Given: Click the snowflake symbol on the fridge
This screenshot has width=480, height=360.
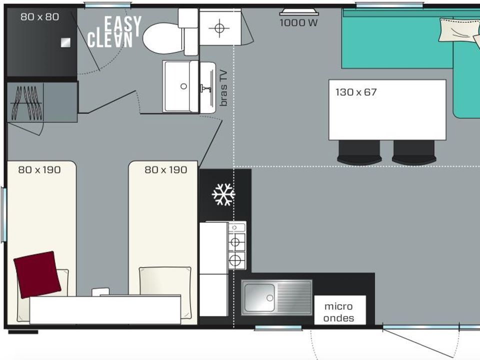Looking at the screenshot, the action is coord(223,194).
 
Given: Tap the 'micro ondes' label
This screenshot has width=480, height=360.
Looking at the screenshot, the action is coord(338,312).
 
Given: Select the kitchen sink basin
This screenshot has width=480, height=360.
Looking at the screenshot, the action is coord(259,297).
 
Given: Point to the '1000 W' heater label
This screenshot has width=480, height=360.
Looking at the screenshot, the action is coord(298,22).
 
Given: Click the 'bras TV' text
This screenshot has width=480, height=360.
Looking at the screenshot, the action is coord(224,88).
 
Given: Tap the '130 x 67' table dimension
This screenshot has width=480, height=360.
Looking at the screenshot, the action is coord(356,92).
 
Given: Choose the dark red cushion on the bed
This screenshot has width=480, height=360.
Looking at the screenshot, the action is coord(37,274).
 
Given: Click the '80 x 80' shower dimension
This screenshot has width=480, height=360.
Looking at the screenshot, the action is coord(40,17).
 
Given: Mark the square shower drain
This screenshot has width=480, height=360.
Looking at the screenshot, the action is coord(65,42).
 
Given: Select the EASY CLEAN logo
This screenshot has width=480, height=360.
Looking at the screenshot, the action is coord(114,32).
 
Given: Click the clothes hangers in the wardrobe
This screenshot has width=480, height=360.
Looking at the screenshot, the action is coord(26,103).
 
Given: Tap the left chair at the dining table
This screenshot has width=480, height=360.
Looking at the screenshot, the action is coord(359,152).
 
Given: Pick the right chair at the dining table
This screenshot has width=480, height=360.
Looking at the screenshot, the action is coord(414,152).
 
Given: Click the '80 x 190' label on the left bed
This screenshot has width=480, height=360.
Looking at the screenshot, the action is coord(39,169).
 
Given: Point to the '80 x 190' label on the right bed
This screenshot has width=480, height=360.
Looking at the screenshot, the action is coord(166,169).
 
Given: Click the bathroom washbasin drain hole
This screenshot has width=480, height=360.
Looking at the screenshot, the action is coord(183,86).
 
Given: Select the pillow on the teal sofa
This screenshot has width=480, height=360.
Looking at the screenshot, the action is coord(459,30).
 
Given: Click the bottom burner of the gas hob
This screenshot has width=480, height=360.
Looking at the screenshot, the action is coord(235,260).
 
